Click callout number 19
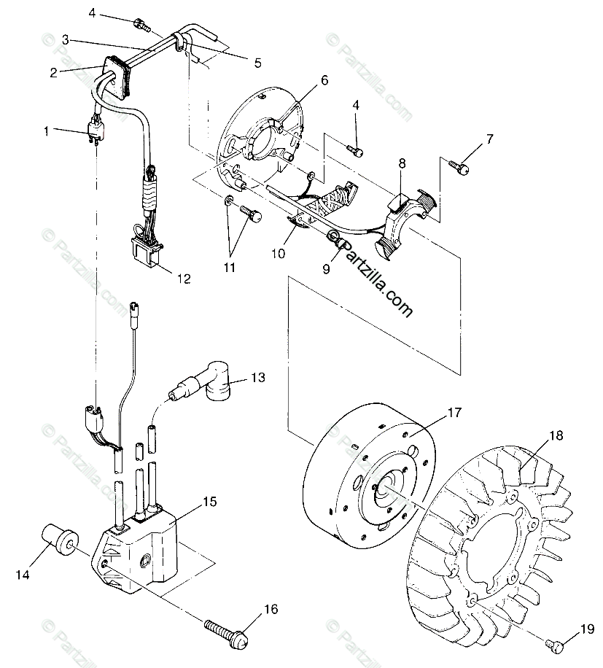[588, 628]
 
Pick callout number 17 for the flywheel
[454, 413]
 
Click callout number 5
[258, 63]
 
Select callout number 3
[66, 39]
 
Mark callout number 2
[53, 71]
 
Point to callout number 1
[47, 132]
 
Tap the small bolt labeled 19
[555, 644]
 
